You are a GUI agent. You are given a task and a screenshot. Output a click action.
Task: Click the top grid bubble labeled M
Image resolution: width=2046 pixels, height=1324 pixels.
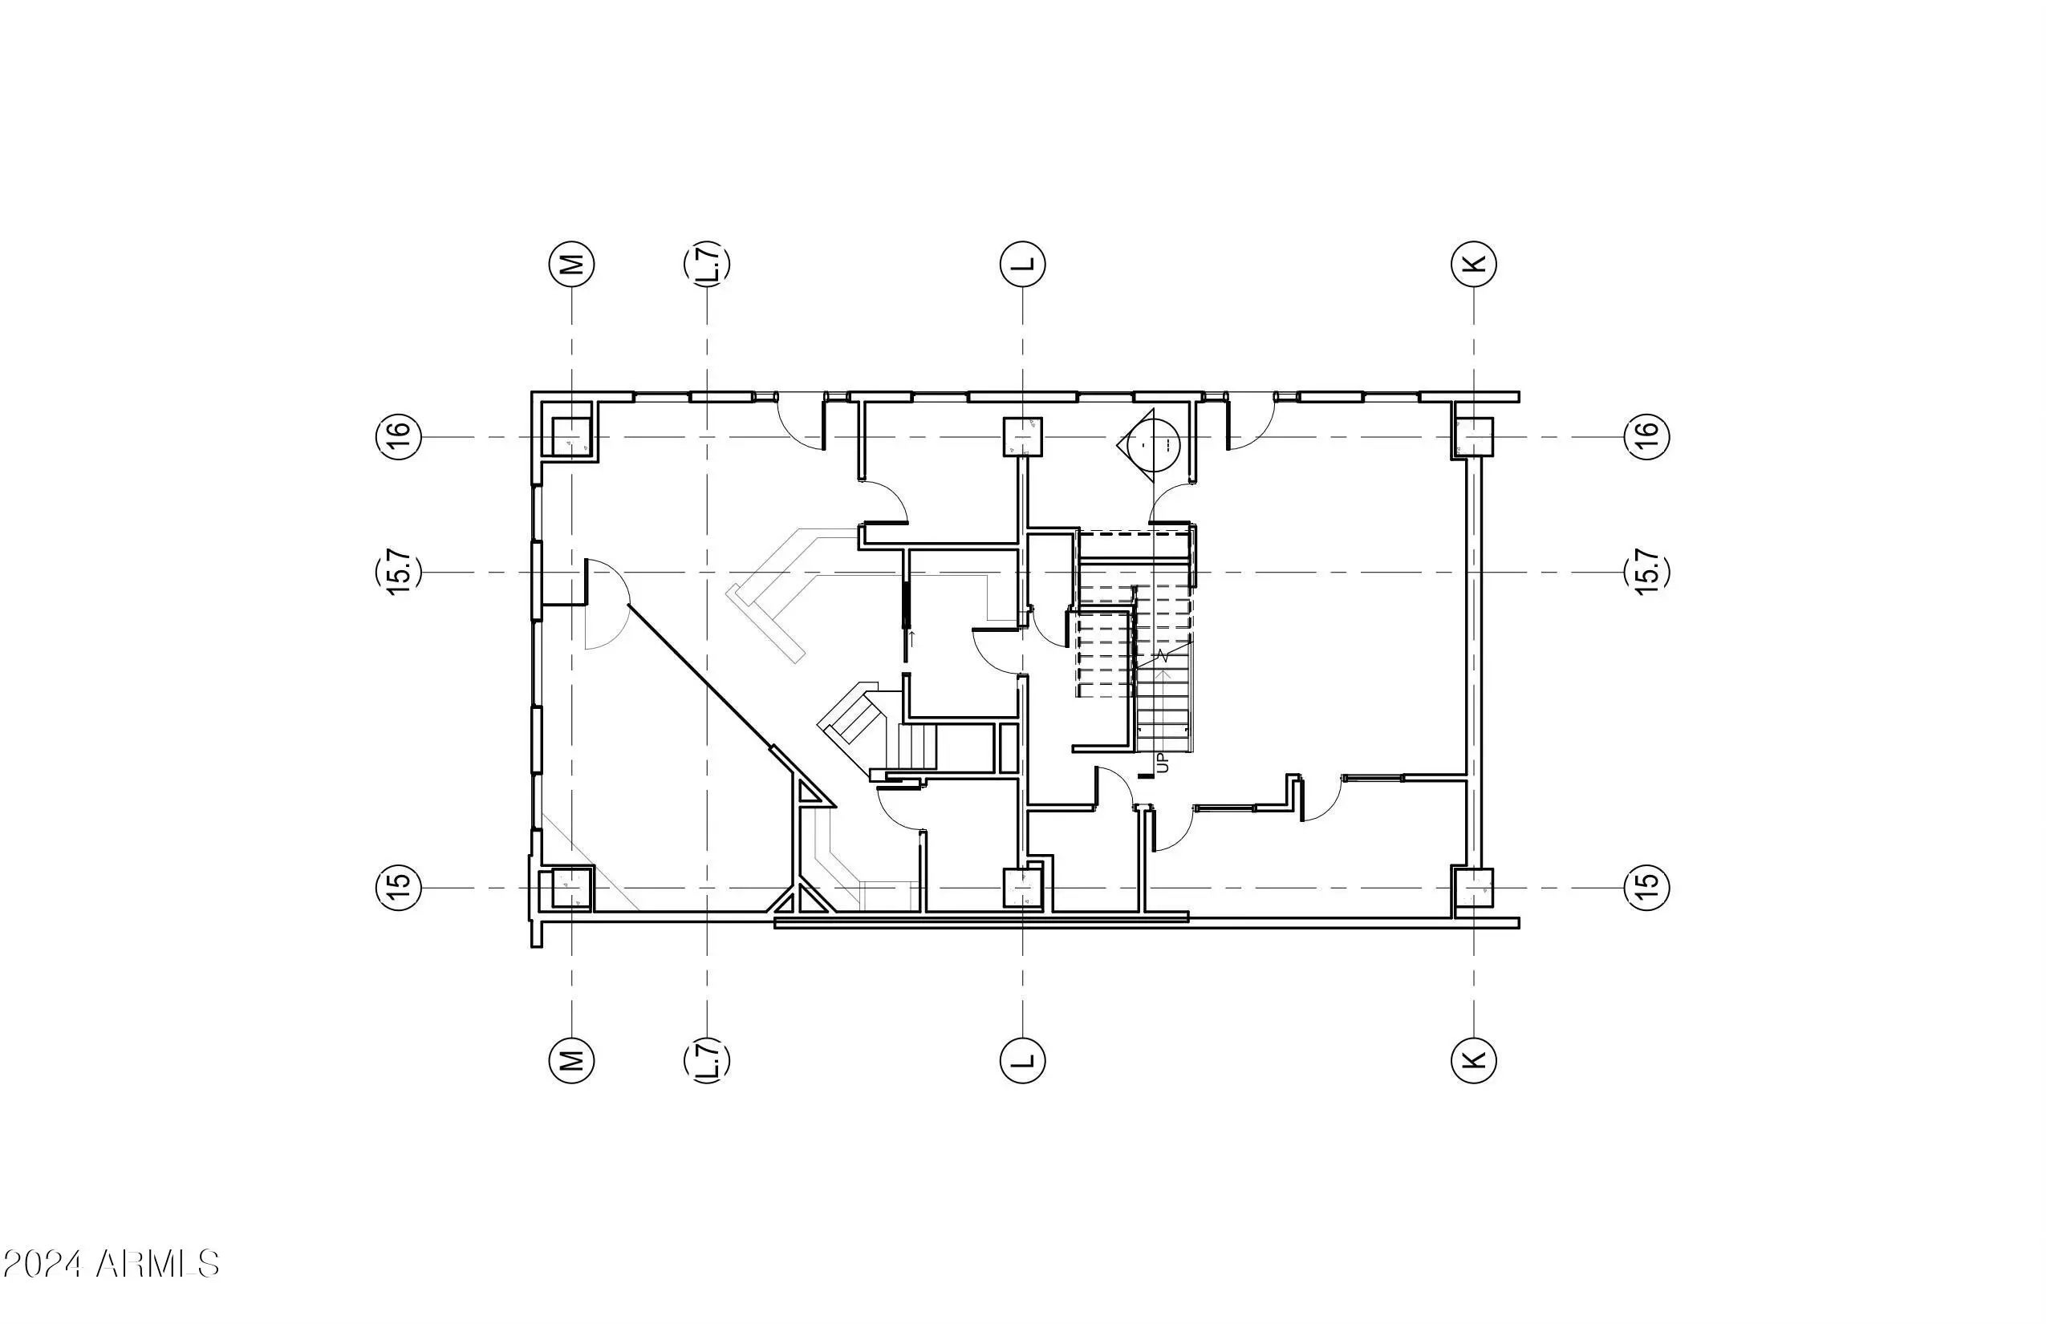click(x=571, y=264)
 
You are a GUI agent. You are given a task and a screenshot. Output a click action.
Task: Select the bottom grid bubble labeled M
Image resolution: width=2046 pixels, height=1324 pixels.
click(x=571, y=1059)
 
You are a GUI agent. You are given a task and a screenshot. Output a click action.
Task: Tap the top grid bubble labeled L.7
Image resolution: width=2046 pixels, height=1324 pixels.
click(x=707, y=264)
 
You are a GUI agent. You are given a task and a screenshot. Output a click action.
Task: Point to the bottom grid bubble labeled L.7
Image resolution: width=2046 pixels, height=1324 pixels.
click(x=707, y=1059)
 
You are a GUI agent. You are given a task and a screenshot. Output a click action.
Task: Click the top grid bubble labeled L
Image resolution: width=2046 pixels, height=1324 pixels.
click(x=1023, y=264)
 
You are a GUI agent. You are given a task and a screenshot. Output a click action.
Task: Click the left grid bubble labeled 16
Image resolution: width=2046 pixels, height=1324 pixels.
click(x=399, y=436)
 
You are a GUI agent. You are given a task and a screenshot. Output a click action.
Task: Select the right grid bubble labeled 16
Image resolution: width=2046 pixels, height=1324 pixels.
click(x=1647, y=436)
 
